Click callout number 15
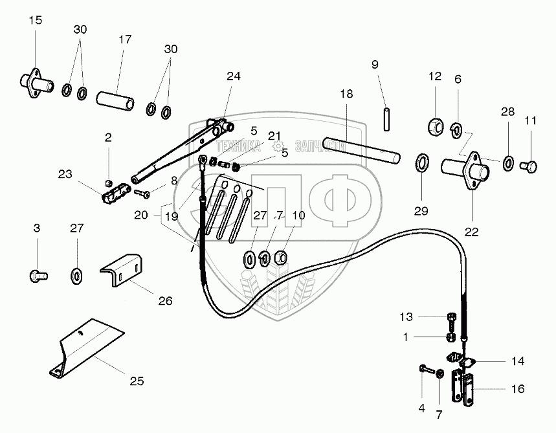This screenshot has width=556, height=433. click(36, 21)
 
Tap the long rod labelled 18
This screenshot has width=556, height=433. click(362, 148)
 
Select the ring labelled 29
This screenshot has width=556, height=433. click(421, 162)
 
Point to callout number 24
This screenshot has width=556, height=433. click(233, 76)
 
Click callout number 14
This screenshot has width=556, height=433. click(517, 361)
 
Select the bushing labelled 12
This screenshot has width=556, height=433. click(434, 124)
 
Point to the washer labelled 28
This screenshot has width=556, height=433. click(508, 161)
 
